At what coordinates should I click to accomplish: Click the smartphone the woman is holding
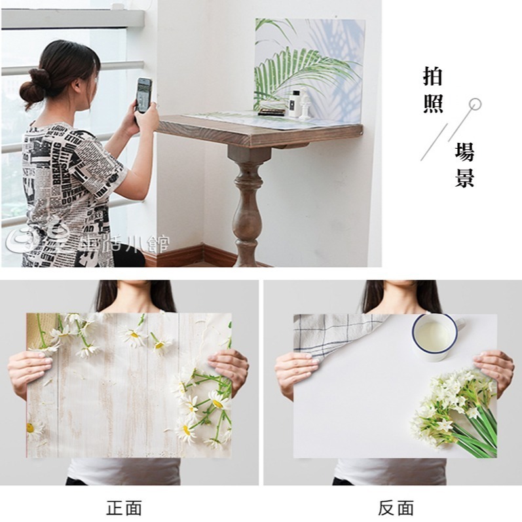point(143,95)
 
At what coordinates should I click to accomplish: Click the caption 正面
point(124,508)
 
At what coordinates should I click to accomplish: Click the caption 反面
point(396,508)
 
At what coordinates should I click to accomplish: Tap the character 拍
point(433,77)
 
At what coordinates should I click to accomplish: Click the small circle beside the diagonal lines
point(475,103)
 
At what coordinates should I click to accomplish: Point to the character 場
point(464,153)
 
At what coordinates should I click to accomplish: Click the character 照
point(433,103)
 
